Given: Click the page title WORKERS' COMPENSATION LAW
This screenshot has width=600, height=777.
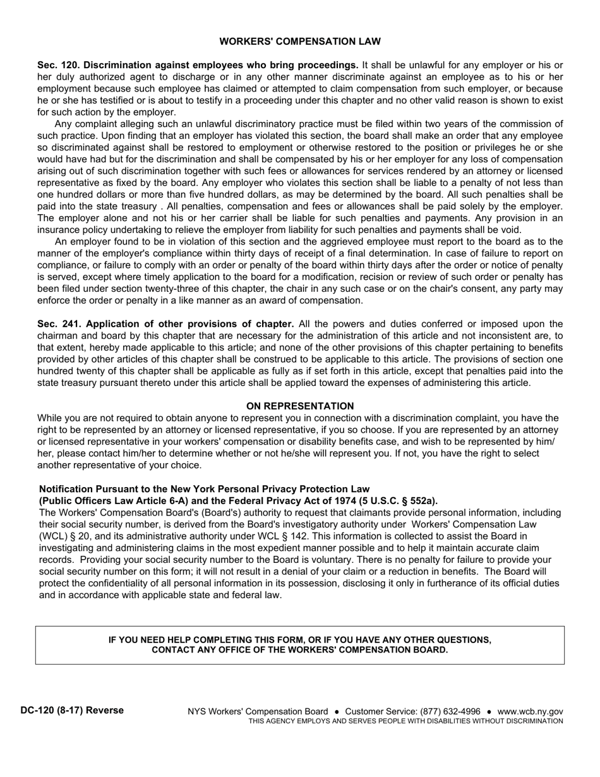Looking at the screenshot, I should (x=300, y=42).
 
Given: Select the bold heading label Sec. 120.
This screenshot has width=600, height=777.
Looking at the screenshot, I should (x=59, y=65).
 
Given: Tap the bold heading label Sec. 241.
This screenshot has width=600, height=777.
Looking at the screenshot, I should (x=59, y=324).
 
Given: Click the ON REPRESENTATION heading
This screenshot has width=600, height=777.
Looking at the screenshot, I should (x=300, y=406).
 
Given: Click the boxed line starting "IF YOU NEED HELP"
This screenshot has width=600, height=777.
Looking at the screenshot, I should (x=300, y=640).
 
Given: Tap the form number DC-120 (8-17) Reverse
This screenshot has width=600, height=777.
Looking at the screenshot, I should (x=72, y=711).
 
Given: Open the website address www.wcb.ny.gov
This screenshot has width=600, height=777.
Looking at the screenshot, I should (x=531, y=711).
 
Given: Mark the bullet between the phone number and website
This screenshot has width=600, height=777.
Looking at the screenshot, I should (x=489, y=711).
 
